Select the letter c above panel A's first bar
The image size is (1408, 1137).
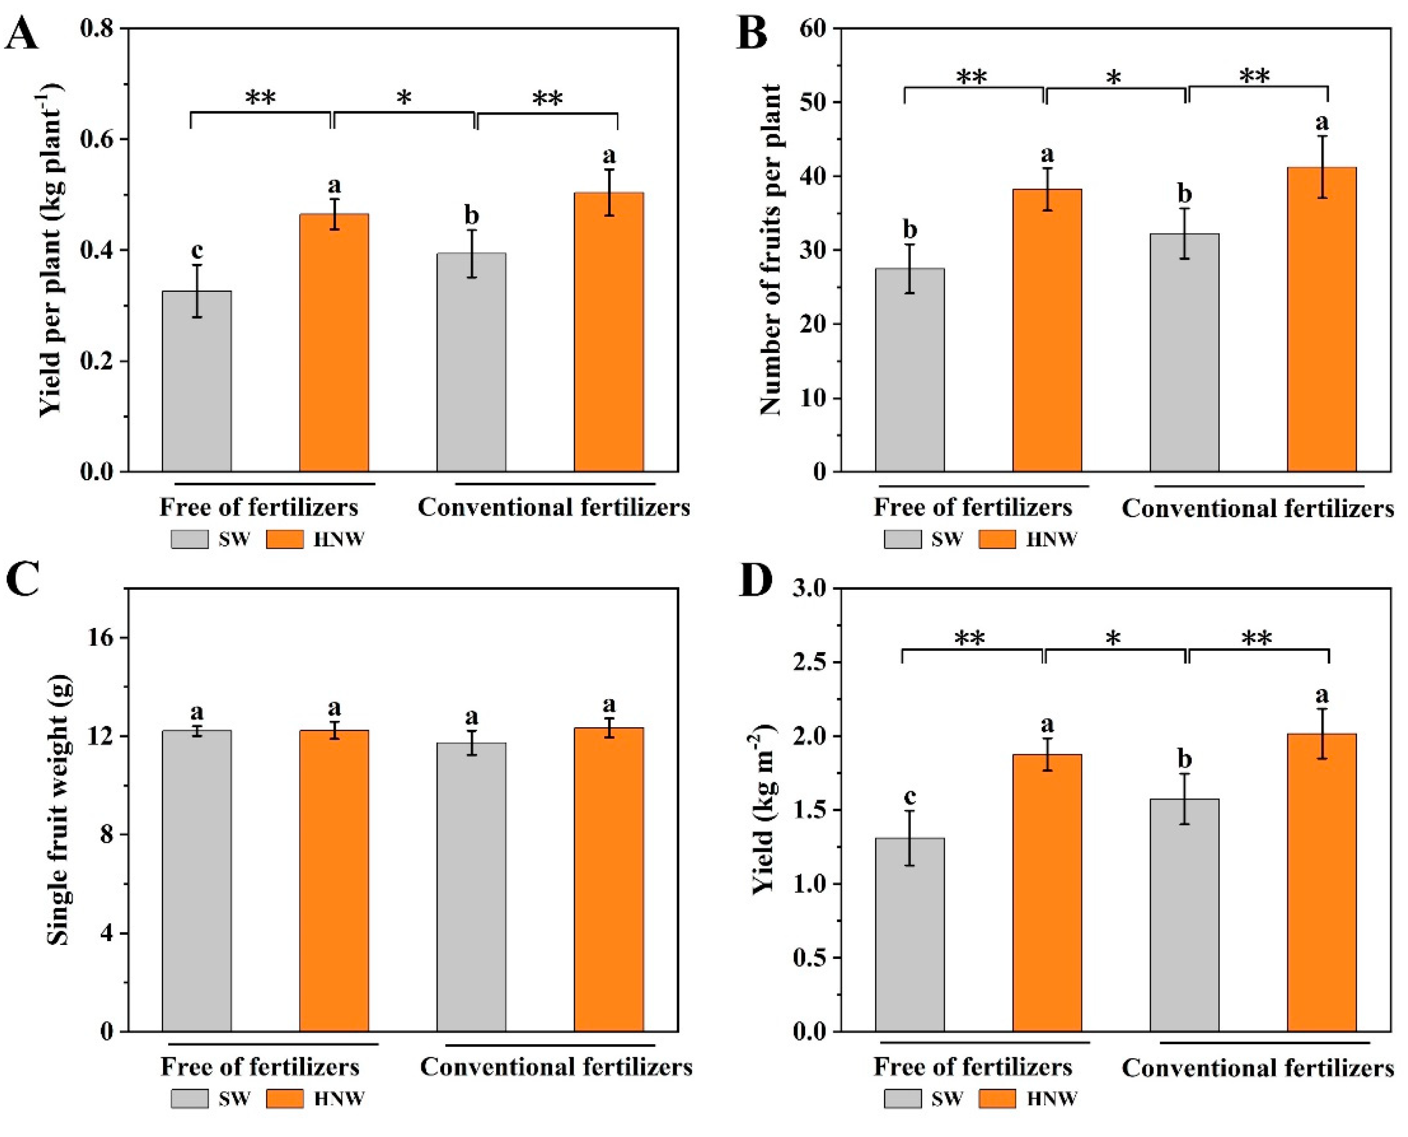click(x=196, y=250)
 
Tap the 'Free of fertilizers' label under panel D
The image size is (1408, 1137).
click(x=973, y=1067)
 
